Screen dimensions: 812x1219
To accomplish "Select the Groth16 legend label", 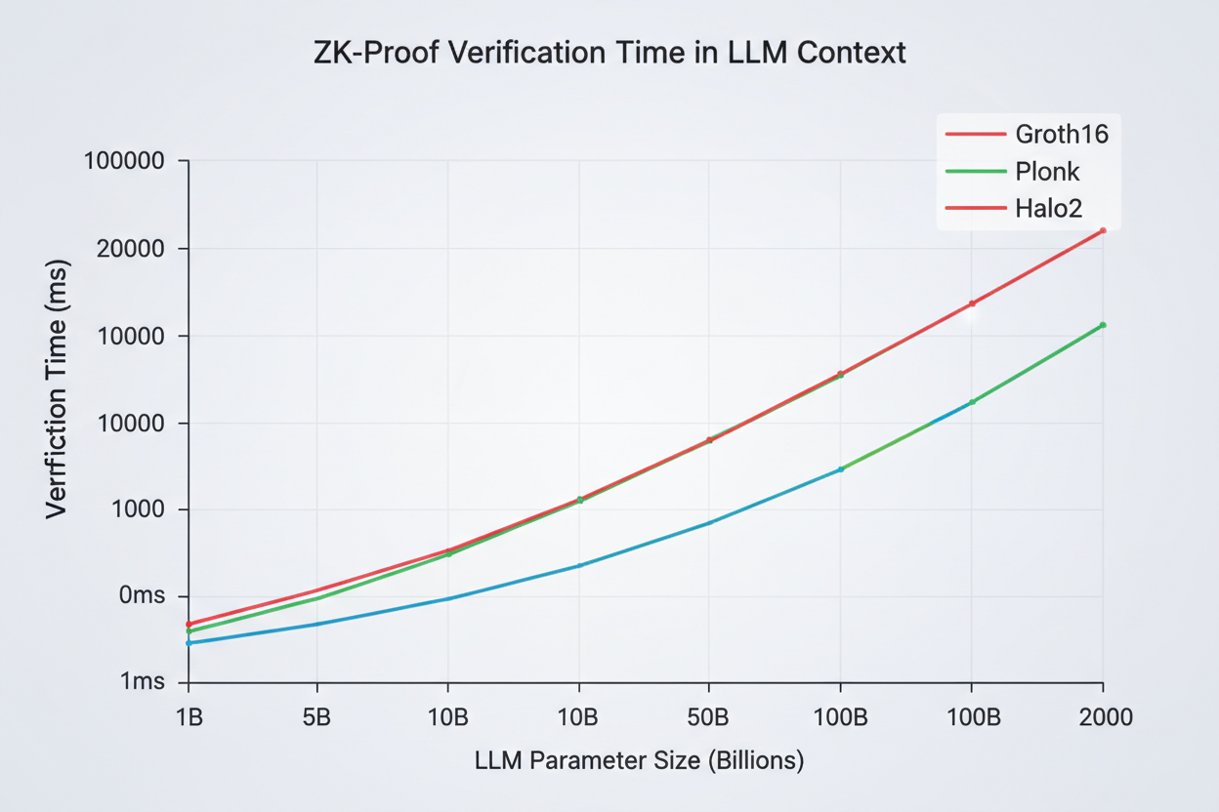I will click(x=1063, y=134).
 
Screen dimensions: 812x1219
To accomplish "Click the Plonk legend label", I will click(x=1047, y=172).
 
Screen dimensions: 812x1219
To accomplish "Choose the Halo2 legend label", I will click(x=1049, y=207).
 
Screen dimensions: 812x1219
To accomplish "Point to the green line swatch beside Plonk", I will click(x=975, y=171).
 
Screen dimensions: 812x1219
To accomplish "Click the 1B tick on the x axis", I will click(x=189, y=718).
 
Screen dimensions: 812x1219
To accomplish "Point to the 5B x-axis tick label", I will click(x=317, y=718).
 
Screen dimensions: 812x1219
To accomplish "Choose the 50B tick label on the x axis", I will click(x=709, y=718).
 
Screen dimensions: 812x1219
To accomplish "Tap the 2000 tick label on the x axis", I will click(x=1103, y=718).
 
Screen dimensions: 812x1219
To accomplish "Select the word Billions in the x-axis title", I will click(x=752, y=761).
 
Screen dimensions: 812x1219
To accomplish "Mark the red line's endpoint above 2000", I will click(x=1103, y=230).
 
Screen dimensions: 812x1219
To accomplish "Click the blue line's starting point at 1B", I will click(x=189, y=643).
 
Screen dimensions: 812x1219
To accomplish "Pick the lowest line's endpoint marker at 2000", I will click(x=1103, y=325).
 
